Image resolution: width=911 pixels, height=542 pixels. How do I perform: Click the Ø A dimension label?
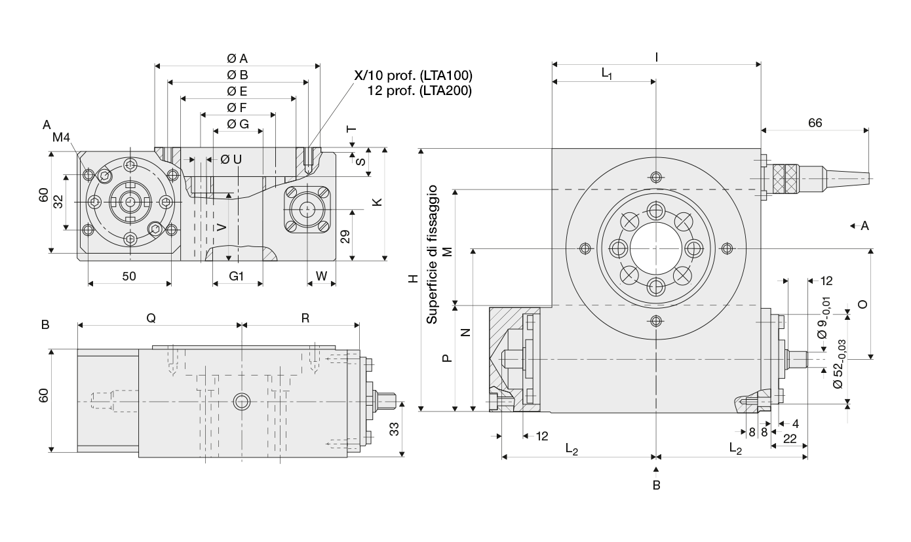tap(237, 59)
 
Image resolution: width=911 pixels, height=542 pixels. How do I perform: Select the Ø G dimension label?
tap(238, 124)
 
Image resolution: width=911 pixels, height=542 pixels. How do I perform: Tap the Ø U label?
tap(231, 159)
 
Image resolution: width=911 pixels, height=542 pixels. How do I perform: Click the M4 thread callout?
tap(61, 138)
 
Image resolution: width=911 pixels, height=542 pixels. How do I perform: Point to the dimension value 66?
tap(815, 123)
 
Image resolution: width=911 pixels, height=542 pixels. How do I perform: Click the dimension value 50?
tap(129, 277)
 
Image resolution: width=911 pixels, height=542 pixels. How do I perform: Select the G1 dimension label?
tap(237, 277)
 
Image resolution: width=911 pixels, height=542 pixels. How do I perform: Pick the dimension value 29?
tap(345, 237)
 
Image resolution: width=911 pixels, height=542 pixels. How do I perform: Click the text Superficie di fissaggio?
tap(432, 254)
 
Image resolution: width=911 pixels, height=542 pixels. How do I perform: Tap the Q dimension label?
tap(151, 318)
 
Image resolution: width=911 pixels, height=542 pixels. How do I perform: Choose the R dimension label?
tap(305, 318)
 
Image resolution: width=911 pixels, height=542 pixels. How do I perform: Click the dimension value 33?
tap(394, 429)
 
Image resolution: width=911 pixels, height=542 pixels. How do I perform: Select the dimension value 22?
tap(790, 438)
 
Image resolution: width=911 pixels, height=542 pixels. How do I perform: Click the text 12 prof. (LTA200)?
tap(419, 90)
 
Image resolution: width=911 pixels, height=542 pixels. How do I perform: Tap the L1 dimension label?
tap(607, 73)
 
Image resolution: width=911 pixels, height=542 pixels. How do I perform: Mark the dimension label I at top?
tap(657, 58)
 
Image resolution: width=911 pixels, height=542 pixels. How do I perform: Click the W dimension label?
tap(321, 276)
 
